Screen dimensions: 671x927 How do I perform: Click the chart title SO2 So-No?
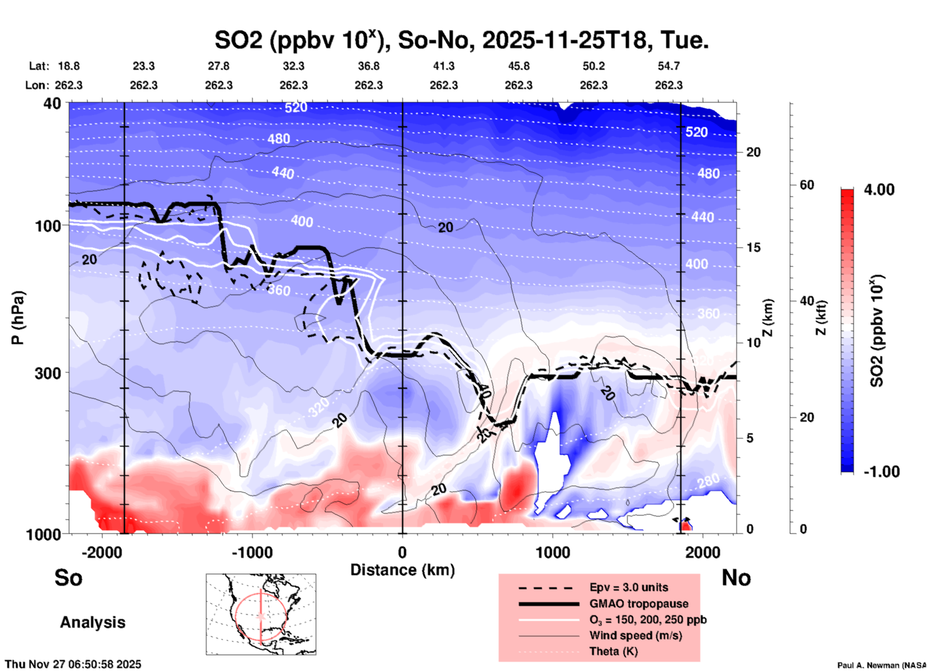tap(461, 40)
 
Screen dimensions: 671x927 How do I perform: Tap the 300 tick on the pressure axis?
tap(48, 373)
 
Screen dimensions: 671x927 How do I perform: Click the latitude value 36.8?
tap(368, 66)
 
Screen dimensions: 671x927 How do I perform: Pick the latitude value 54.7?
tap(669, 66)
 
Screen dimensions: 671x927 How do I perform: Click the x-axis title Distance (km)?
tap(402, 570)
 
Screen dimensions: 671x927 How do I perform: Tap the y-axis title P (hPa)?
tap(18, 318)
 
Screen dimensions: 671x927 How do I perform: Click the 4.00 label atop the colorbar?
tap(879, 190)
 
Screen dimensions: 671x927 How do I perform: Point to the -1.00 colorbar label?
tap(881, 471)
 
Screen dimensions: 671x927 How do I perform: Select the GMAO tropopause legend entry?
tap(639, 604)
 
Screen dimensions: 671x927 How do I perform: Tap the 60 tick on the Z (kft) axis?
tap(807, 185)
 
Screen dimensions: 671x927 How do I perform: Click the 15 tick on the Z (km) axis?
tap(753, 247)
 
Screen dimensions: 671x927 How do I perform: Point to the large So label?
tap(68, 578)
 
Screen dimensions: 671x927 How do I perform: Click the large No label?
tap(736, 578)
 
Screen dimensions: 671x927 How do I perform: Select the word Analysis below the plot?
tap(92, 622)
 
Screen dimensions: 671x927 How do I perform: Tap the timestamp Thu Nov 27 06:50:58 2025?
tap(73, 664)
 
